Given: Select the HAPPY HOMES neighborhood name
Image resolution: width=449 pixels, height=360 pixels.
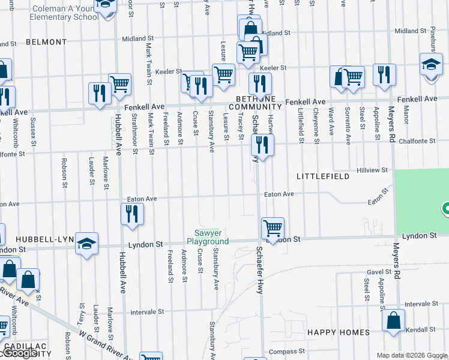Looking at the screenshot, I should (x=338, y=332).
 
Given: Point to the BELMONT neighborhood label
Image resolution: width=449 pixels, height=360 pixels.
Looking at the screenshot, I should (x=46, y=42).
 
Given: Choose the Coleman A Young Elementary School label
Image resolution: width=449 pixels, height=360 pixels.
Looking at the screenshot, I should (x=65, y=13).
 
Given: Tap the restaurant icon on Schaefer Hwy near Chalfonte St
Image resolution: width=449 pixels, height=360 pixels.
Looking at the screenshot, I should (x=262, y=145).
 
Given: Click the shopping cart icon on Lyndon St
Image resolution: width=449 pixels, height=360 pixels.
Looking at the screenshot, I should (x=273, y=229).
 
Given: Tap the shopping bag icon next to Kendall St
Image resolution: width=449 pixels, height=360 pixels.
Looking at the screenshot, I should (x=394, y=321).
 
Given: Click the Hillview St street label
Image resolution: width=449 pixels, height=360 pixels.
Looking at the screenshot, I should (x=371, y=170).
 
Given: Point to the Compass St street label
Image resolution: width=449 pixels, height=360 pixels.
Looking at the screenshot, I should (x=283, y=351).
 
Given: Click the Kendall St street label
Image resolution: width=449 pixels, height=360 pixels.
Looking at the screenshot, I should (x=421, y=330).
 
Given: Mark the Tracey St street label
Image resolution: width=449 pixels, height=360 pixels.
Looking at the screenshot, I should (x=241, y=127).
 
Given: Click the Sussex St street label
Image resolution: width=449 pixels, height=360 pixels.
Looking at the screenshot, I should (x=34, y=136).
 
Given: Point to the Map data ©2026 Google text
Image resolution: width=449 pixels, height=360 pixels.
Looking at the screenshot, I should (x=411, y=355).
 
